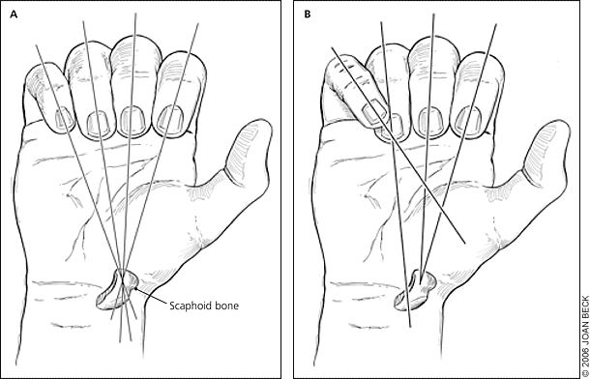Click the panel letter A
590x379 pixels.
[14, 15]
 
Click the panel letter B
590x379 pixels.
[308, 15]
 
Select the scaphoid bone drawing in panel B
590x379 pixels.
[415, 290]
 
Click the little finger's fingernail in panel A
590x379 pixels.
[65, 118]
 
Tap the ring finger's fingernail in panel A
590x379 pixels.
[100, 124]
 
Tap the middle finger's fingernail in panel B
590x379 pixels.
[430, 121]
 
